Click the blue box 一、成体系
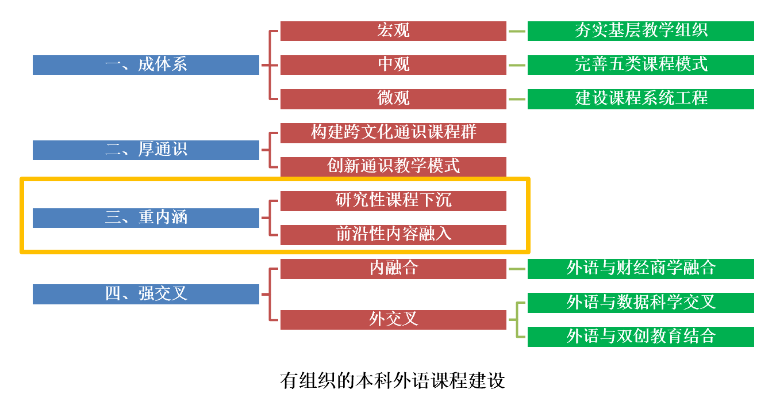[x=146, y=64]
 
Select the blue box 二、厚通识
[x=146, y=150]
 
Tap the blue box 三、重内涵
[x=146, y=217]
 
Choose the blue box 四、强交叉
[x=146, y=294]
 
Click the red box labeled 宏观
[x=393, y=31]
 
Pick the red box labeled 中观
[x=393, y=64]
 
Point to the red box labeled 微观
[x=393, y=98]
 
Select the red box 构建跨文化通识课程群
[x=393, y=133]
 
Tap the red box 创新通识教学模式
[x=393, y=166]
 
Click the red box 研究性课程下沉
[x=393, y=200]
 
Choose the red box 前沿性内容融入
[x=393, y=234]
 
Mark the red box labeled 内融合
[x=393, y=268]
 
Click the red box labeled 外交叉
[x=393, y=319]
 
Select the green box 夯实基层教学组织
[x=640, y=31]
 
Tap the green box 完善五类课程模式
[x=640, y=64]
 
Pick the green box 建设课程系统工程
[x=640, y=98]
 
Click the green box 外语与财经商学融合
[x=640, y=268]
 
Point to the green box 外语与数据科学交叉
[x=640, y=303]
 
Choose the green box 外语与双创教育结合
[x=640, y=337]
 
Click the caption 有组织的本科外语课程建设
[x=393, y=380]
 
